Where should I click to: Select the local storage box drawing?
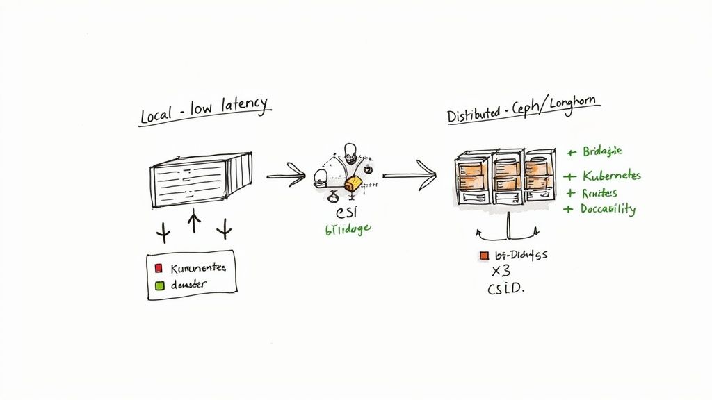click(x=200, y=179)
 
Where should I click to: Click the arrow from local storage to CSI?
click(x=286, y=175)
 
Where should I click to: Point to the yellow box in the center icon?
click(x=354, y=183)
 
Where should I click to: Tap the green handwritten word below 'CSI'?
click(x=348, y=231)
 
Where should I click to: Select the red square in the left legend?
click(x=158, y=268)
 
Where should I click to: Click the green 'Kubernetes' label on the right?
click(x=610, y=176)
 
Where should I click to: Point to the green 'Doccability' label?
click(x=607, y=208)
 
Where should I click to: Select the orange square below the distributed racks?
click(x=484, y=256)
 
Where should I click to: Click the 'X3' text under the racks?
click(x=501, y=271)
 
